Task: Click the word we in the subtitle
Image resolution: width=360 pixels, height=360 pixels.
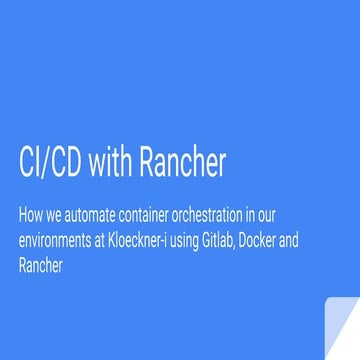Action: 59,214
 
